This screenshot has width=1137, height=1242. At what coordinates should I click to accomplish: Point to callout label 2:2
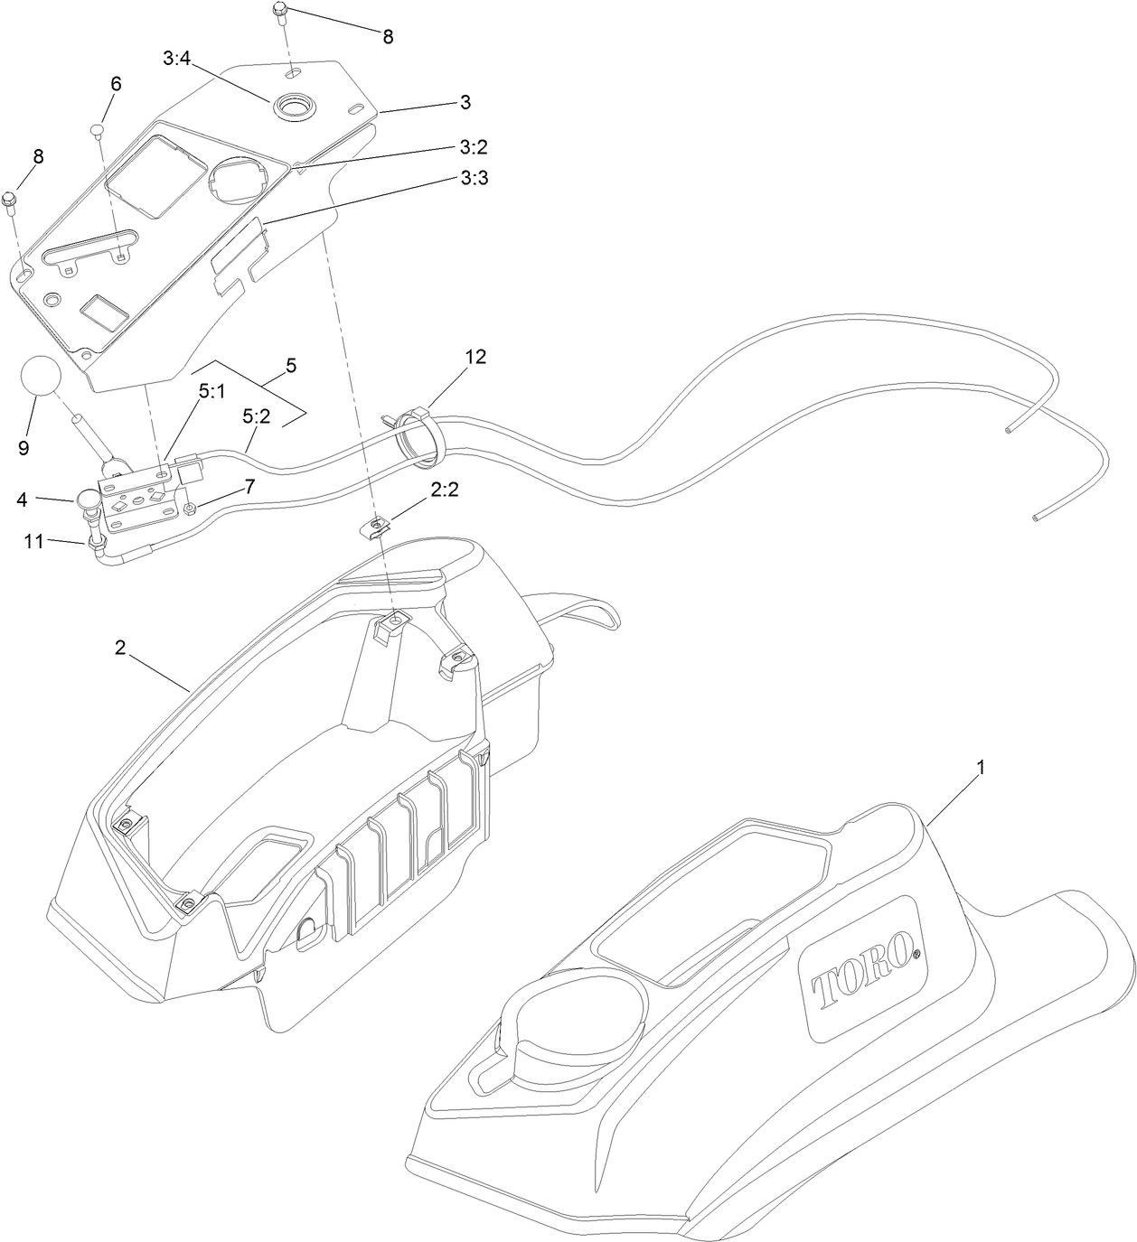coord(445,489)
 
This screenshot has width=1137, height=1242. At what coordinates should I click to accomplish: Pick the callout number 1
coord(981,767)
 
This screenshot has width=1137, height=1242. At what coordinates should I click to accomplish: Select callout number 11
coord(33,541)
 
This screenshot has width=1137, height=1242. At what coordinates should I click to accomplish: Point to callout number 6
coord(116,83)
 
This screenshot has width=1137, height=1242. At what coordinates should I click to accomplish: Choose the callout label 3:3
coord(474,179)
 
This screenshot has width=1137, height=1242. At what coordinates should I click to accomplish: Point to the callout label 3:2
coord(474,146)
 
